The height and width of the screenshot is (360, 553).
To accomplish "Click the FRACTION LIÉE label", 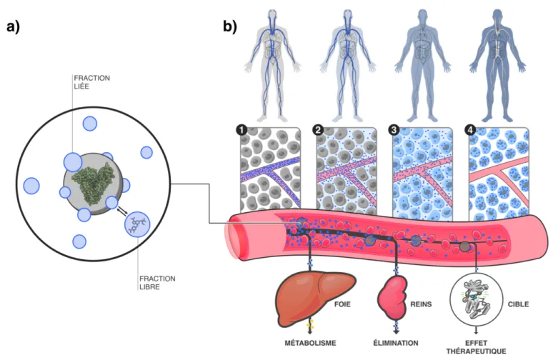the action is point(91,82).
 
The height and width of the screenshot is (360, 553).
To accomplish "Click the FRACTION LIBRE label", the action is point(157,283).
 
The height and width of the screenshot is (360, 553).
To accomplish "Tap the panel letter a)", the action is point(13,27).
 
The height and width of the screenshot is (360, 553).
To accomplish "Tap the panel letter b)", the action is point(230,27).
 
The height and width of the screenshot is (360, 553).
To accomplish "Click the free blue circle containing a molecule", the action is point(137,224).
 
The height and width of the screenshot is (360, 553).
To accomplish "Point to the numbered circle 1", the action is point(241,130).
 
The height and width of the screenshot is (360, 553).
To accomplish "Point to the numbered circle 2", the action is point(318,130).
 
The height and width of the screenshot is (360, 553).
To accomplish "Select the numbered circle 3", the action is point(394,130).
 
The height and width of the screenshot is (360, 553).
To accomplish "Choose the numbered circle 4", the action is point(470,130).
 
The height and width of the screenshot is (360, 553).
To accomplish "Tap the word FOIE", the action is point(342,304).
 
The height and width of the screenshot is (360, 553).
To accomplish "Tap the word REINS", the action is point(421,304).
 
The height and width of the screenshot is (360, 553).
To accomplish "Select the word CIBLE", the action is point(518,304).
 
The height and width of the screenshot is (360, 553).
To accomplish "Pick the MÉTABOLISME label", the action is point(310,343).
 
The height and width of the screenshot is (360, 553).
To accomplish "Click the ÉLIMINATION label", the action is point(396,343).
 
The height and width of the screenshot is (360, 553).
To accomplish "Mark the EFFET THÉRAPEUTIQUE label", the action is point(476,347).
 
